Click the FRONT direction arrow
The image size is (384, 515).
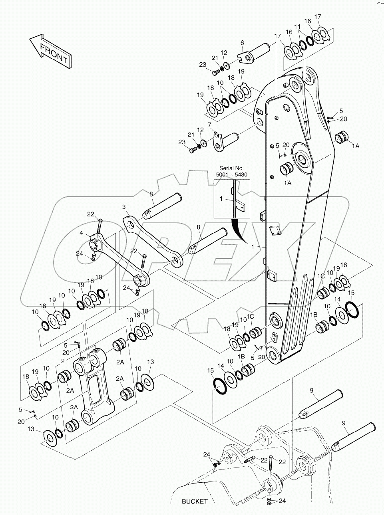click(x=50, y=51)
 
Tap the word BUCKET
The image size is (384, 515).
click(x=195, y=501)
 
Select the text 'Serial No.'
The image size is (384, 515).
click(x=232, y=168)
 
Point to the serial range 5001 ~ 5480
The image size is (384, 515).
click(x=232, y=175)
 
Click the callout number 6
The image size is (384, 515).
click(x=242, y=43)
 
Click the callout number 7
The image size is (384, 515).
click(x=209, y=125)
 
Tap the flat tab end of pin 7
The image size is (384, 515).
click(x=218, y=144)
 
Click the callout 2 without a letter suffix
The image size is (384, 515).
click(x=63, y=361)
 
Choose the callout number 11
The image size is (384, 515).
click(x=297, y=27)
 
